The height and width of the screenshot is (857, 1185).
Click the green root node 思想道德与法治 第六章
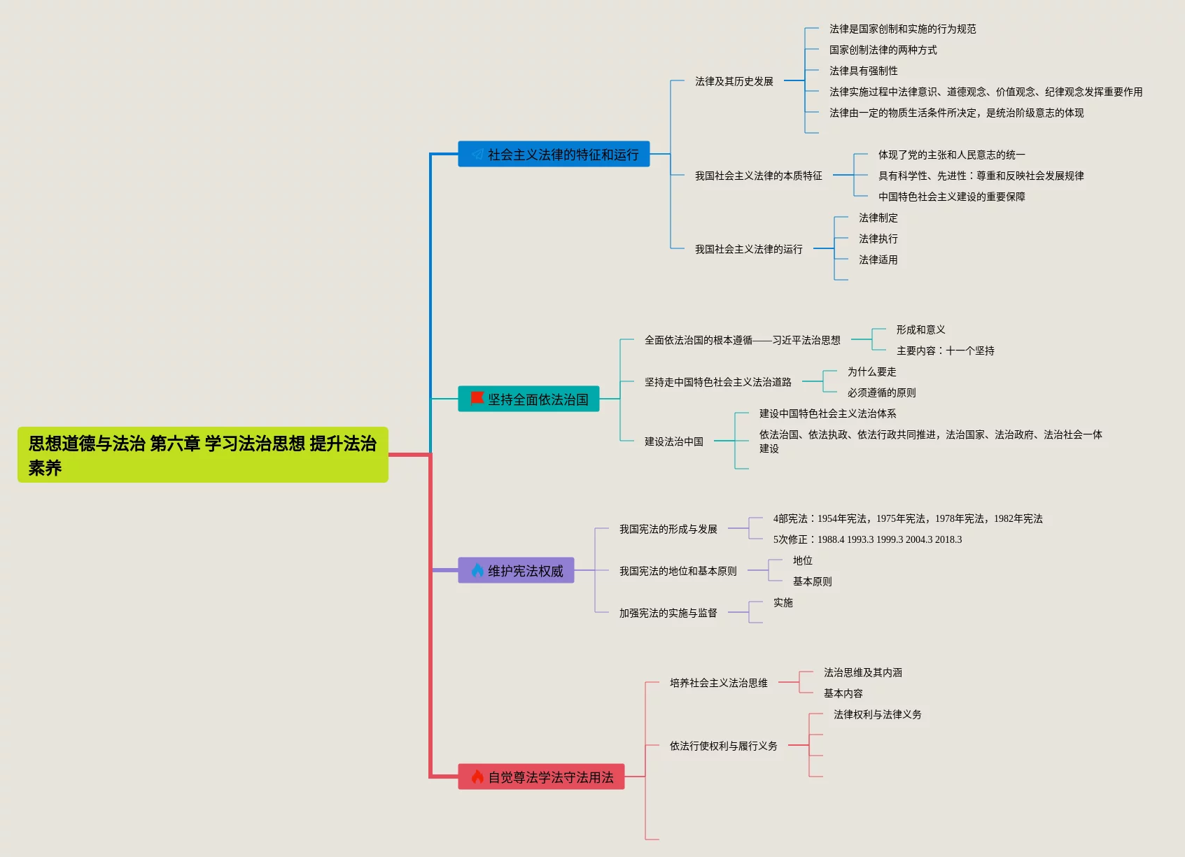pyautogui.click(x=202, y=455)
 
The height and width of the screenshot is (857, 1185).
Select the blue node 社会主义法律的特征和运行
pyautogui.click(x=554, y=154)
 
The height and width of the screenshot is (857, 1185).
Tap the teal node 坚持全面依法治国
pyautogui.click(x=528, y=399)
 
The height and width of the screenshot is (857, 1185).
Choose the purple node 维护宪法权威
pyautogui.click(x=516, y=570)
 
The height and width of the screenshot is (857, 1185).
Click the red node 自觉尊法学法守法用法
pyautogui.click(x=541, y=777)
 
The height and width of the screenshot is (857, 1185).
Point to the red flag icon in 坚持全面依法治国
pyautogui.click(x=477, y=398)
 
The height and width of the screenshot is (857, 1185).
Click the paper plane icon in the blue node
pyautogui.click(x=477, y=154)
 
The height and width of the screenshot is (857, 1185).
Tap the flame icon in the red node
pyautogui.click(x=477, y=777)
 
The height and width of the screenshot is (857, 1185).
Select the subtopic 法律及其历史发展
pyautogui.click(x=734, y=81)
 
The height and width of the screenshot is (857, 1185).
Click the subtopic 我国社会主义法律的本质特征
pyautogui.click(x=758, y=176)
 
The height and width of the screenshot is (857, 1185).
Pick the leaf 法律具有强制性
pyautogui.click(x=863, y=71)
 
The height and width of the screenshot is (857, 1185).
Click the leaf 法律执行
pyautogui.click(x=878, y=239)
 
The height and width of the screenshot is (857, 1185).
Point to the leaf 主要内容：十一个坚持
pyautogui.click(x=945, y=350)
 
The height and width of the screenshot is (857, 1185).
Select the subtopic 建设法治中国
pyautogui.click(x=673, y=441)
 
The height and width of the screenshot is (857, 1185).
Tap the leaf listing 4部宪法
pyautogui.click(x=907, y=518)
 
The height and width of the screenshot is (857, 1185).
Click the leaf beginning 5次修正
pyautogui.click(x=867, y=539)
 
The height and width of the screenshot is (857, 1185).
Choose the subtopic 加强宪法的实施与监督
pyautogui.click(x=668, y=613)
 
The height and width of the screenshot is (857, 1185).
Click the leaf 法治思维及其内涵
pyautogui.click(x=862, y=672)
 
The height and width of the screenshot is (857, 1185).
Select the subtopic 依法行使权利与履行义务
pyautogui.click(x=723, y=746)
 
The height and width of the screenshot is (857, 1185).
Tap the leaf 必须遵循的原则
pyautogui.click(x=881, y=392)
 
